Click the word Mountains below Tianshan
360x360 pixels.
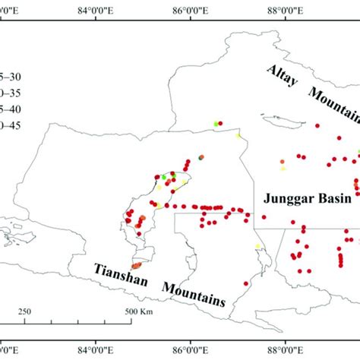pos(194,293)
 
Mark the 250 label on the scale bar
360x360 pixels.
pos(24,312)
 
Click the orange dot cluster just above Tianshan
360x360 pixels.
pos(137,265)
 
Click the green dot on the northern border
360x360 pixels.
pos(216,123)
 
